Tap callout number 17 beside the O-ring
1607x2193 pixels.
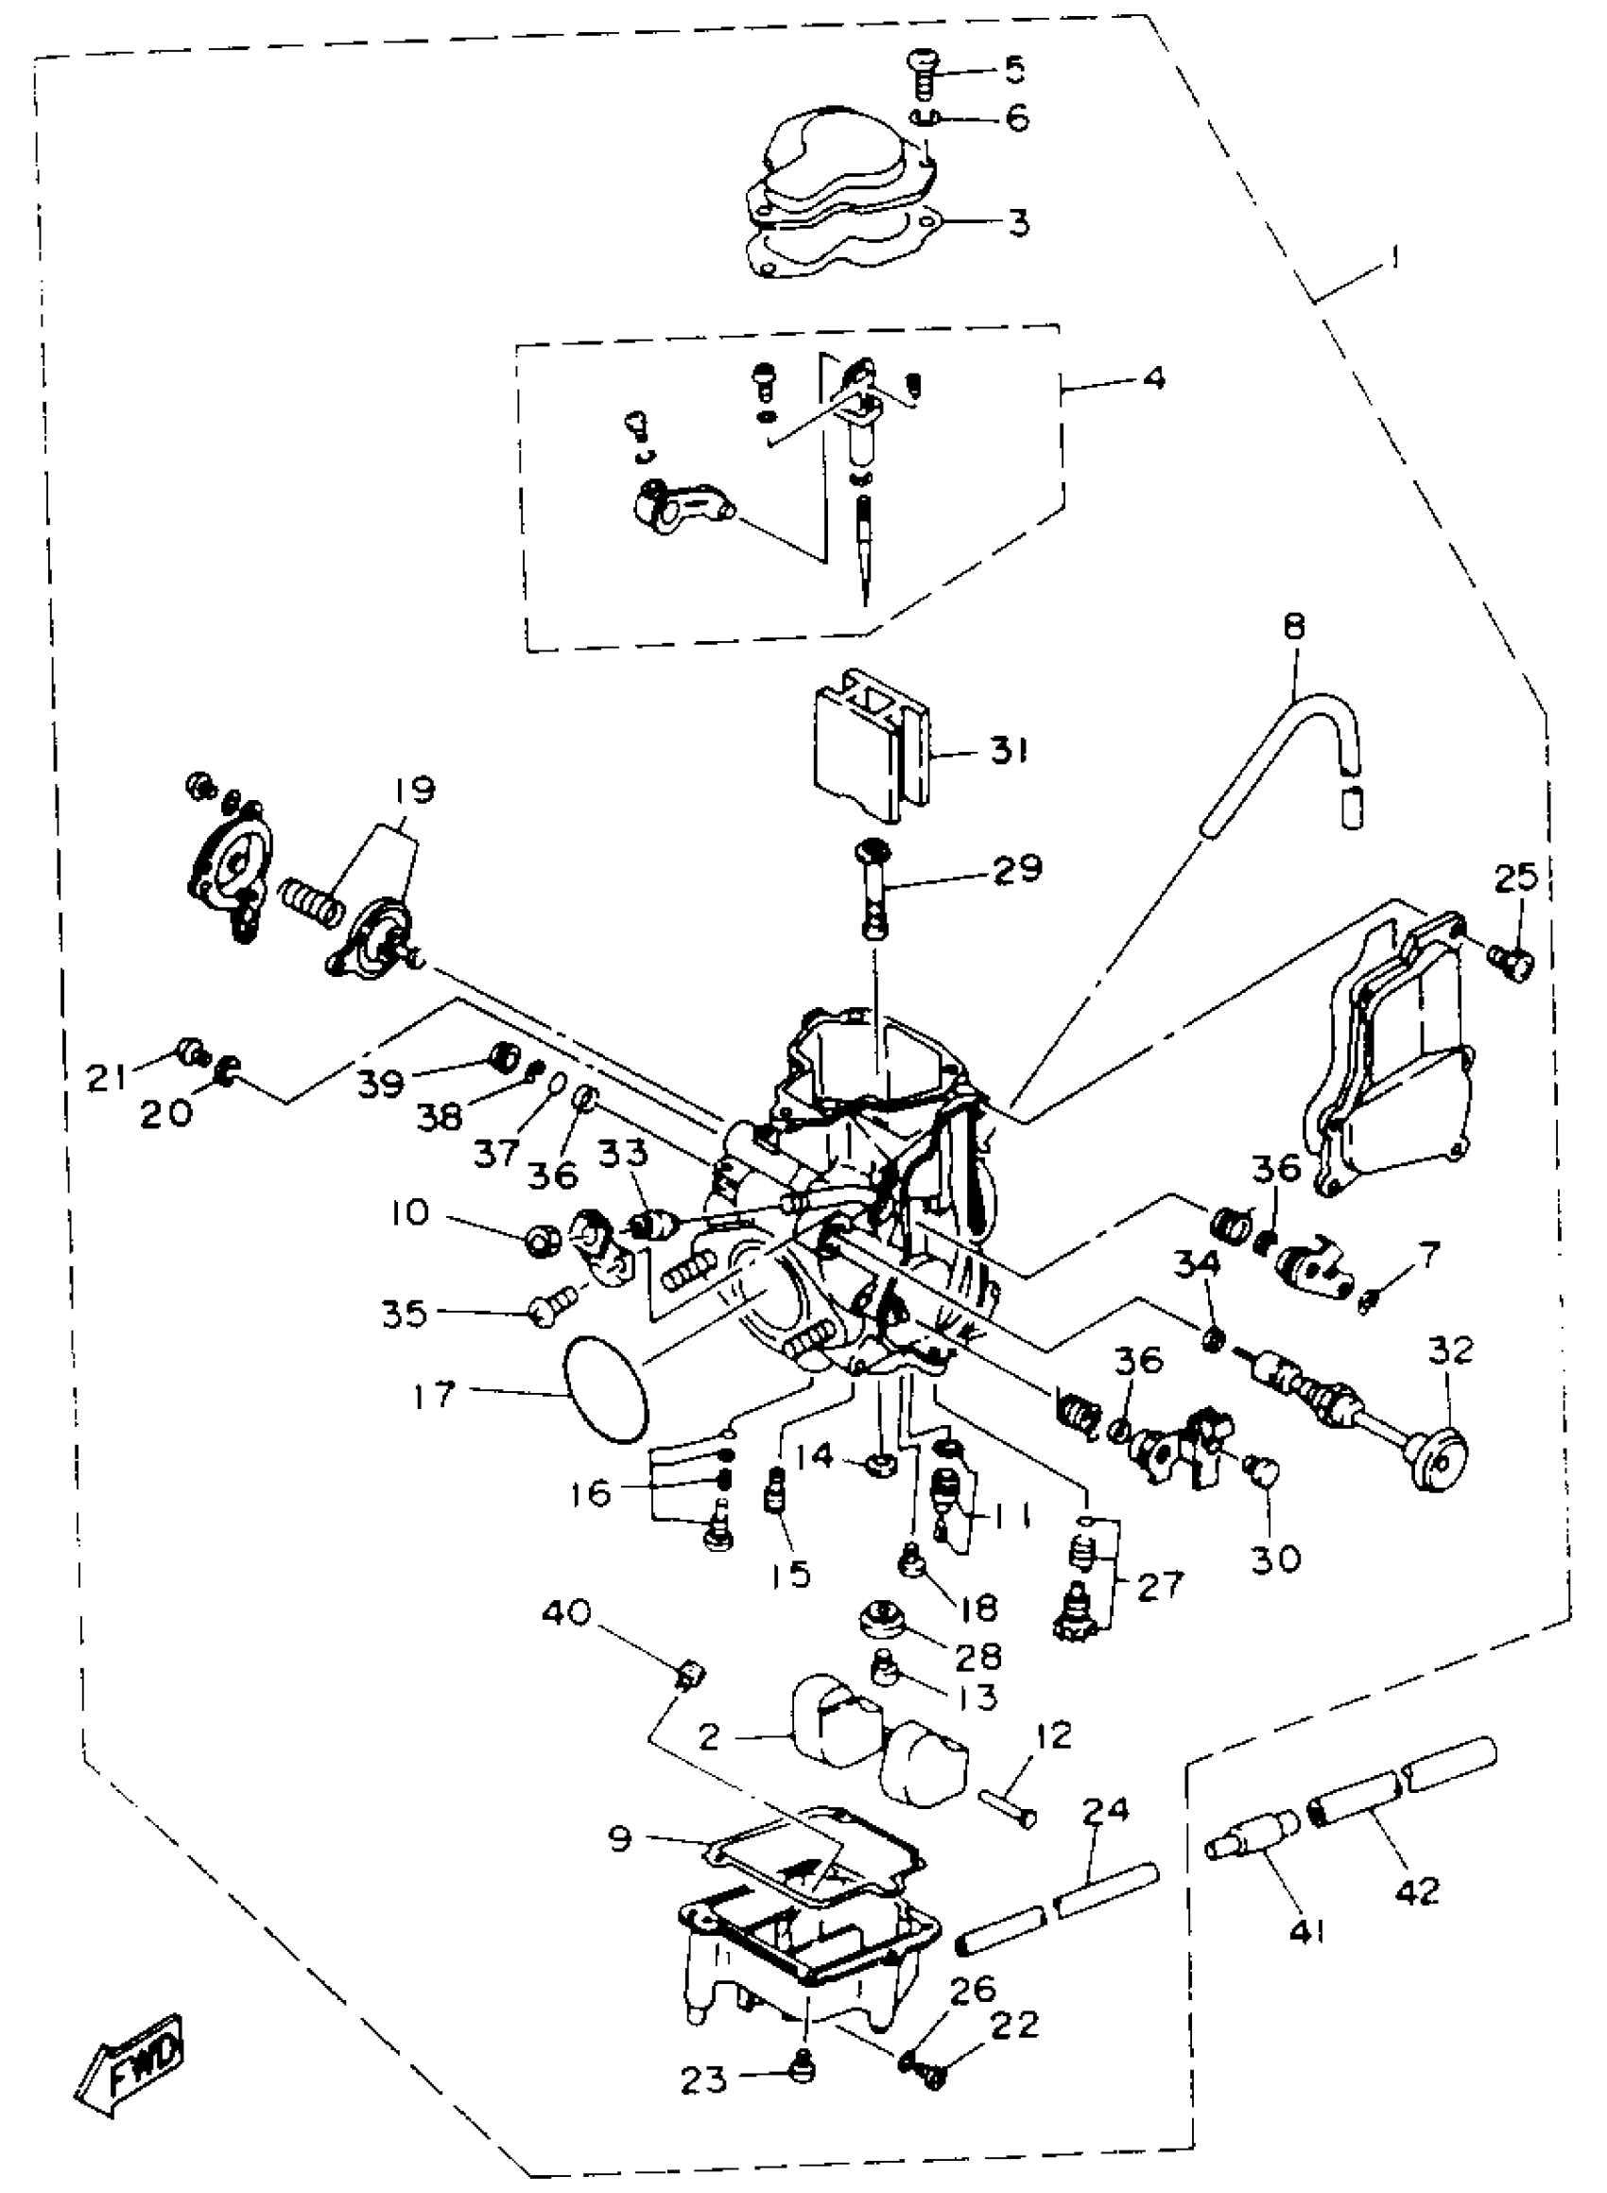[x=434, y=1395]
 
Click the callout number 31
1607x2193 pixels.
[x=1009, y=751]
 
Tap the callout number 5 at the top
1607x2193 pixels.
[x=1013, y=69]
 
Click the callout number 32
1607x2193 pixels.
[x=1450, y=1350]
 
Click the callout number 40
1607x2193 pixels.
[x=566, y=1613]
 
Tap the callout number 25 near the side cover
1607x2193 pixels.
[x=1515, y=877]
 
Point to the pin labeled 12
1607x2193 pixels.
[x=1009, y=1811]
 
